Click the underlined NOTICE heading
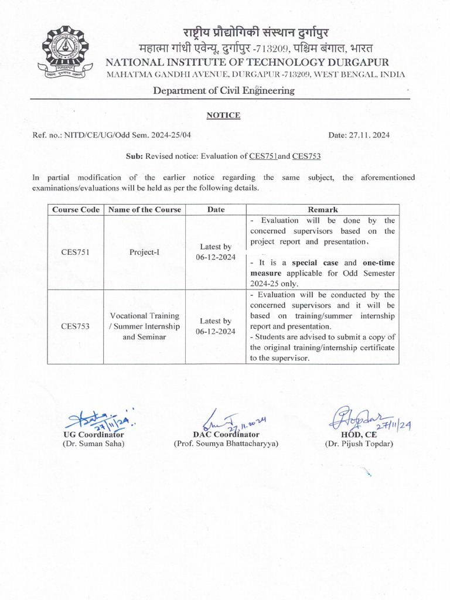coord(223,115)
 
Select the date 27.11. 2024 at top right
coord(359,135)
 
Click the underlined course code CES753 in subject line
coord(306,156)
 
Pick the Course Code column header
coord(76,210)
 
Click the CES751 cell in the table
coord(76,252)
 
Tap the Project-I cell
coord(145,252)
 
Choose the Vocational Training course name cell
coord(145,326)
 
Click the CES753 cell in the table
coord(76,326)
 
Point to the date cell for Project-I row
coord(216,252)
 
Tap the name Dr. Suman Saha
coord(94,444)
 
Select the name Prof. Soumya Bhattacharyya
coord(226,444)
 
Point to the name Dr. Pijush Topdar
coord(359,444)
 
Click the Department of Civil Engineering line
coord(224,90)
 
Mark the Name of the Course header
coord(145,210)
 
